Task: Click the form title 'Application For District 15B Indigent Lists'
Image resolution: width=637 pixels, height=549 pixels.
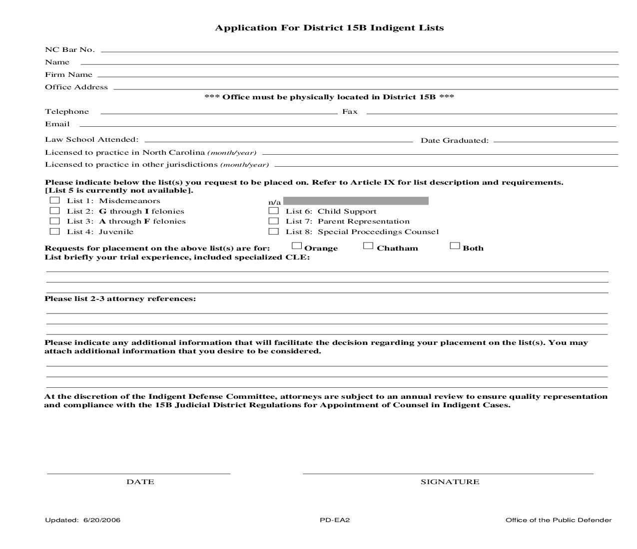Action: (x=329, y=28)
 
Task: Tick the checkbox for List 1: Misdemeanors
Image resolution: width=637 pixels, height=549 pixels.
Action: (x=55, y=200)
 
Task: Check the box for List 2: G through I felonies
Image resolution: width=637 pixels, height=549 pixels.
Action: (x=55, y=211)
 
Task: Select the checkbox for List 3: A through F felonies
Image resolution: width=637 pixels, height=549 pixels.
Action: (x=55, y=221)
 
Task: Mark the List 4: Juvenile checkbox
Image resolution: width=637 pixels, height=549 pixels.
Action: (x=55, y=231)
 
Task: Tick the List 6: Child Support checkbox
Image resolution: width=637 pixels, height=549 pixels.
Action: (x=273, y=211)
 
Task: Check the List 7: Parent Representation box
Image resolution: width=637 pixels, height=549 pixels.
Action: (x=273, y=221)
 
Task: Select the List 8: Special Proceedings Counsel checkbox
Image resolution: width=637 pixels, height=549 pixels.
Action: (x=273, y=231)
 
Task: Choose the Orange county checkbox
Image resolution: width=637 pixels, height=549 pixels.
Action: (x=297, y=246)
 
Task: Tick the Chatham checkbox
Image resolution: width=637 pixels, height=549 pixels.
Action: (x=368, y=246)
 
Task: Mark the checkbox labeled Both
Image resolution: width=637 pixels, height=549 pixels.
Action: (x=455, y=246)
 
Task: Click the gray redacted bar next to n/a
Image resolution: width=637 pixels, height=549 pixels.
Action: (x=356, y=201)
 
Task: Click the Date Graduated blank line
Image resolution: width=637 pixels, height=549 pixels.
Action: (x=555, y=141)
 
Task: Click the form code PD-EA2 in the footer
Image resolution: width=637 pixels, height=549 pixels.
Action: (x=335, y=520)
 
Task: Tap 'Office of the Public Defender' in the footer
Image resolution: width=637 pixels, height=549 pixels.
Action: (x=558, y=520)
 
